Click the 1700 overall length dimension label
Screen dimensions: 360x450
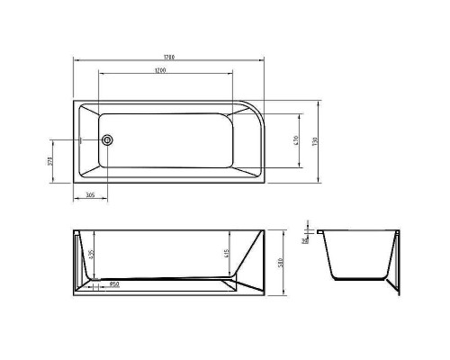tap(170, 57)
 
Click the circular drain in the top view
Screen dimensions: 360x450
tap(108, 140)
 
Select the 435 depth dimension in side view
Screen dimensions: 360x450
tap(91, 256)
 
